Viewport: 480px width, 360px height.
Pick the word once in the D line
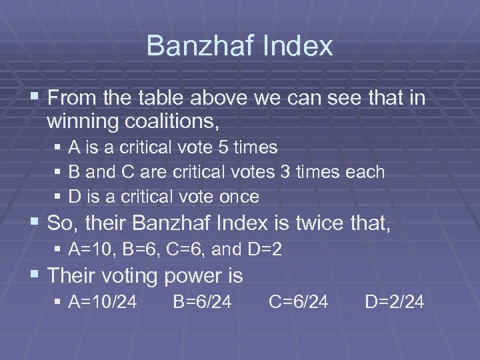pos(240,197)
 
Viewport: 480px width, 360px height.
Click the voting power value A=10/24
pos(103,302)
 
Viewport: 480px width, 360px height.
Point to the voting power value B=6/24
pos(202,302)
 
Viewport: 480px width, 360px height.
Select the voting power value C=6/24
pos(299,302)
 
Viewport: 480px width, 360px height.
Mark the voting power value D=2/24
pos(395,302)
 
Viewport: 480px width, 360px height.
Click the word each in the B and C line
pos(365,172)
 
